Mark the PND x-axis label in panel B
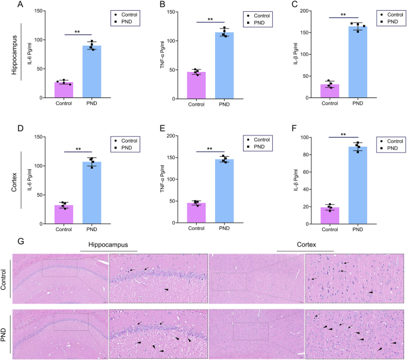(x=225, y=105)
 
